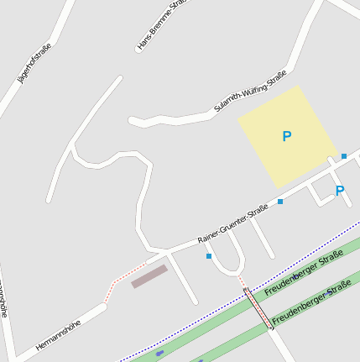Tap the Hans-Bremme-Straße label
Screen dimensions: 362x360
click(160, 26)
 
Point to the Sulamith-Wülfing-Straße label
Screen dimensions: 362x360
click(246, 96)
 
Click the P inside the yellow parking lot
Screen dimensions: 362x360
click(287, 136)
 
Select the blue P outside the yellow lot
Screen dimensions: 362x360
click(340, 191)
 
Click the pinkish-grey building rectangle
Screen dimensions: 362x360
click(149, 276)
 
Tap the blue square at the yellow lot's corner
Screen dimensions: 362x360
click(344, 156)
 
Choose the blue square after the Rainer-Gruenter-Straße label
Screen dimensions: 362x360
click(280, 202)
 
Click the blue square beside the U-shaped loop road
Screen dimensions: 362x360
click(209, 255)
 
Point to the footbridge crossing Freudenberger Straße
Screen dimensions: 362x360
click(258, 307)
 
